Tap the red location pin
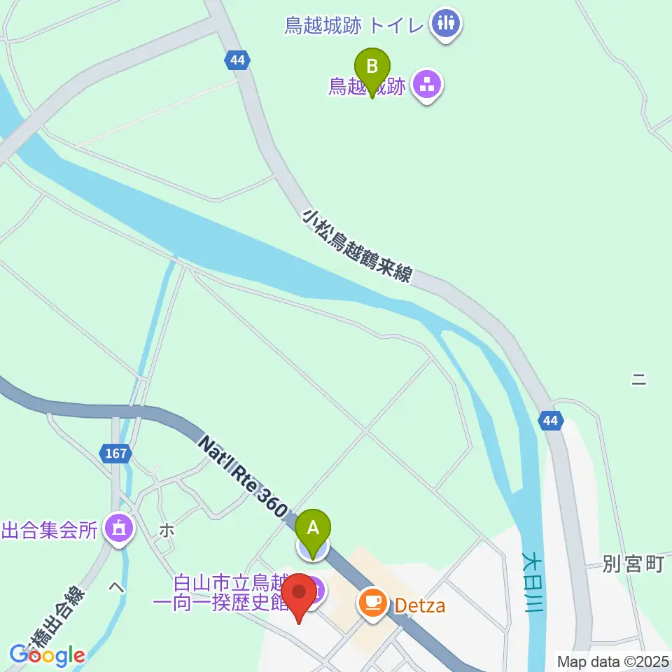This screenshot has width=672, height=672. [300, 596]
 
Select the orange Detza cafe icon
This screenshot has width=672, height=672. [374, 603]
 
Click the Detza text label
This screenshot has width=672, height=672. [419, 605]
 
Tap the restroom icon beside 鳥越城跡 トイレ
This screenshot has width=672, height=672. [446, 24]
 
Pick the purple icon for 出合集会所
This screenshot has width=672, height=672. [119, 528]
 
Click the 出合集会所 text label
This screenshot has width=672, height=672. [49, 530]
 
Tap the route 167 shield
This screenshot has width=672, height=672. [115, 454]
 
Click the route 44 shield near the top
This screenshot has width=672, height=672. [238, 60]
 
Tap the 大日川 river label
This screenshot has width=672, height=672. [533, 582]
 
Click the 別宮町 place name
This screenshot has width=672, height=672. [633, 564]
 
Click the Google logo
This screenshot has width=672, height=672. [47, 655]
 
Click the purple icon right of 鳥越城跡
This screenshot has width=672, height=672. [425, 87]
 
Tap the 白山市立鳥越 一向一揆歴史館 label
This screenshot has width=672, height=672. [230, 592]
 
